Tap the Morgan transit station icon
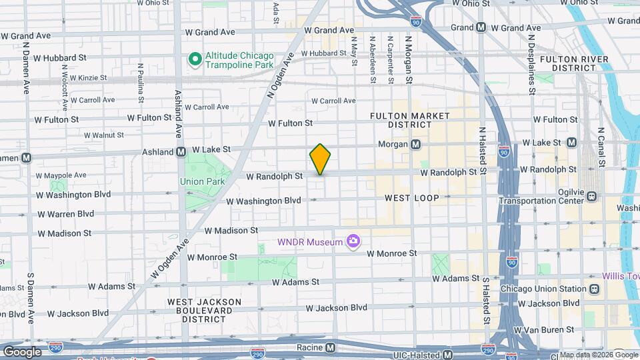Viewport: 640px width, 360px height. tap(415, 144)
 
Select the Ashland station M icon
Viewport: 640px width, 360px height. tap(181, 152)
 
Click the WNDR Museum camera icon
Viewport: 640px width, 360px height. tap(353, 241)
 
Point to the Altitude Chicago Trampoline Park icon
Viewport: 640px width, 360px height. tap(195, 59)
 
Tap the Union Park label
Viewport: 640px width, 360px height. tap(201, 181)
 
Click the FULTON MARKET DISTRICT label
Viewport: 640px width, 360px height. tap(411, 120)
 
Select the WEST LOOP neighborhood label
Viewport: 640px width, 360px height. tap(411, 198)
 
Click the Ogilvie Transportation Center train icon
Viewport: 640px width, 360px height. tap(591, 196)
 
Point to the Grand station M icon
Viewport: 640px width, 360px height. tap(481, 27)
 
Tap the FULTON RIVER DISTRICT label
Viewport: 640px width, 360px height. tap(574, 63)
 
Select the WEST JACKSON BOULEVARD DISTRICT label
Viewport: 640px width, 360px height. tap(204, 310)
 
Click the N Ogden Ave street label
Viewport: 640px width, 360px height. tap(281, 75)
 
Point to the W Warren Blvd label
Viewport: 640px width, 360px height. tap(66, 214)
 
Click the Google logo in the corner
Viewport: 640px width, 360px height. tap(22, 351)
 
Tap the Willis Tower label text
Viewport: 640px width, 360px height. tap(621, 276)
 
